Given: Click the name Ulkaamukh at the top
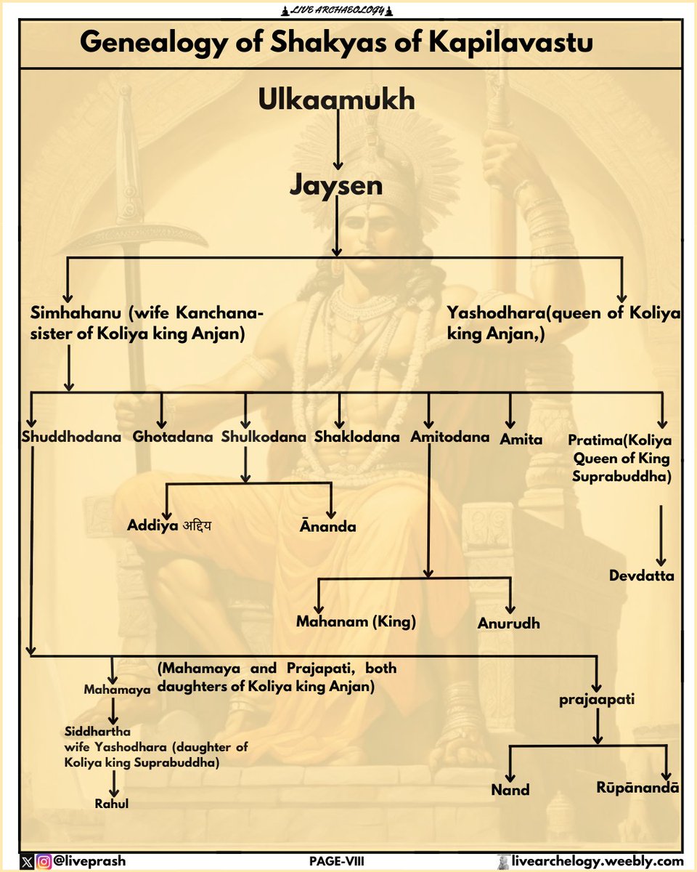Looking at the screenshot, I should tap(336, 100).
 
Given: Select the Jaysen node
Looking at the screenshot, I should tap(336, 185).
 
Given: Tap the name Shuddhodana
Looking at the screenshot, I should tap(71, 437).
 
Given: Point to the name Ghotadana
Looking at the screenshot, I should tap(173, 437).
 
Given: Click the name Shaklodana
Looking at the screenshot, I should tap(357, 437).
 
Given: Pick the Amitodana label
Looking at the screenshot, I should tap(449, 437).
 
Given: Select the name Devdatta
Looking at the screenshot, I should tap(642, 576).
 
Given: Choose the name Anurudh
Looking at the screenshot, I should tap(508, 623).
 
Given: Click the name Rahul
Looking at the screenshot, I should tap(112, 804).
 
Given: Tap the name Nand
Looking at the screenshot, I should tap(510, 790).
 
